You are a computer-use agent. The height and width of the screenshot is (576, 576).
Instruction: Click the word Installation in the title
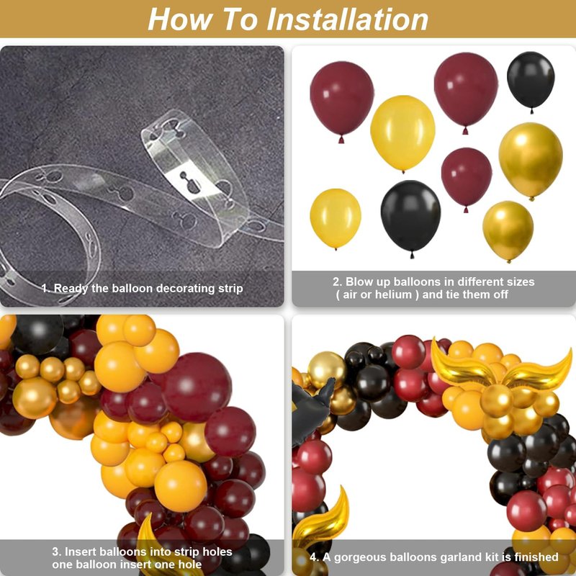[347, 19]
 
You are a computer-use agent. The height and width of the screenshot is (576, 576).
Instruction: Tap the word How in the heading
[179, 19]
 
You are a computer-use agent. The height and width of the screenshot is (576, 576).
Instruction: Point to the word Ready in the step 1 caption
[71, 289]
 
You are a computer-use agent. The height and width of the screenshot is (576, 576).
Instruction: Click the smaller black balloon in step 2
[531, 81]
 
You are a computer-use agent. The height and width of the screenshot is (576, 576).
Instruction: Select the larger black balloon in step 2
[410, 217]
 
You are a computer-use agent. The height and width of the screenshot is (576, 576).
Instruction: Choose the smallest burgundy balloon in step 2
[466, 177]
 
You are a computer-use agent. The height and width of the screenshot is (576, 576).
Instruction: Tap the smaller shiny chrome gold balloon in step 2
[508, 230]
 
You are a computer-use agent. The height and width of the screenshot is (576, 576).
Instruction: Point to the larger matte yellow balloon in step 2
[402, 132]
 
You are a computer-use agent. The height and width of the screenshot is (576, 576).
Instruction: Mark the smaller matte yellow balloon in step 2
[336, 218]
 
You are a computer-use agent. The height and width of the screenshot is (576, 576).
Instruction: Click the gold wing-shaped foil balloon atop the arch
[501, 366]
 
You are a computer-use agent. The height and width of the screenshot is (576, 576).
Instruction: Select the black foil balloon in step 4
[308, 410]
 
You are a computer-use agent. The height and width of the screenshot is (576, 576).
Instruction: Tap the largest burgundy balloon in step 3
[197, 387]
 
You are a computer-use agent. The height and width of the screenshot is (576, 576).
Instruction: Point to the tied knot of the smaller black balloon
[531, 110]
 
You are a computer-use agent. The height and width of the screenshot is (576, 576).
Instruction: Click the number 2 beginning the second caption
[336, 282]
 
